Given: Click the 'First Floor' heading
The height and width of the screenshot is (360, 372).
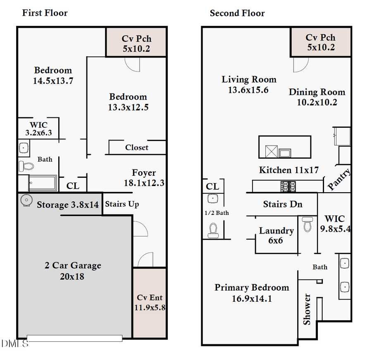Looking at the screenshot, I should (45, 13).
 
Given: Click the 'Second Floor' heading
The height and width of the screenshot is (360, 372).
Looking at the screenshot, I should (237, 13).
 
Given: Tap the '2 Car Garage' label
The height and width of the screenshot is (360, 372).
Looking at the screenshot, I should (73, 271).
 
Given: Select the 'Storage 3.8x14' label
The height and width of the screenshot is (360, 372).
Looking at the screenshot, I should (68, 205).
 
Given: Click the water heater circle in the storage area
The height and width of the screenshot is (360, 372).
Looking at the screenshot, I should (26, 200).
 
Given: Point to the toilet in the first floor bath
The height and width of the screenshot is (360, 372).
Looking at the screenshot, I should (26, 166).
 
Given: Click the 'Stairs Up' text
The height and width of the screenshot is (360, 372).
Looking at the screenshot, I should (122, 204).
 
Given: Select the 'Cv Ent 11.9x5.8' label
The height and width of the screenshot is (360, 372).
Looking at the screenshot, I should (150, 302).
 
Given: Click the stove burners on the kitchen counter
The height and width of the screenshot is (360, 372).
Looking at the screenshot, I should (288, 186).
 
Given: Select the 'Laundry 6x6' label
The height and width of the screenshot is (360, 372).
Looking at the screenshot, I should (276, 235).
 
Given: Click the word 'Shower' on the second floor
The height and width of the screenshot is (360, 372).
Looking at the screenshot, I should (307, 309).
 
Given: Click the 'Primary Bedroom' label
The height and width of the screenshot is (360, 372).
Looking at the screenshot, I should (251, 292).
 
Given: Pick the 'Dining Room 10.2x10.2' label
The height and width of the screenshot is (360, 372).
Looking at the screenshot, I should (317, 97).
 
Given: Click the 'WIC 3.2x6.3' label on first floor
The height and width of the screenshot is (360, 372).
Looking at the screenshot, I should (38, 129).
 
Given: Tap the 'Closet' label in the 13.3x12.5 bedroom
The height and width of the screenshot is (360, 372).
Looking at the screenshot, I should (136, 148).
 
